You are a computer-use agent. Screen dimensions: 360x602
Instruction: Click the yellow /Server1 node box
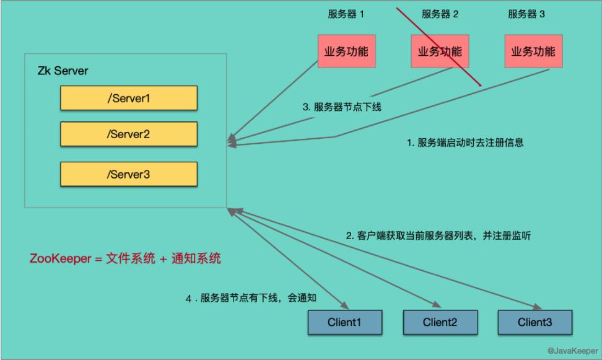click(128, 98)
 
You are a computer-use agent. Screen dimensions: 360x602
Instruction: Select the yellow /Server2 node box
click(128, 134)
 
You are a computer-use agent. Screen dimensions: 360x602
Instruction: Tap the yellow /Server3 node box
click(128, 174)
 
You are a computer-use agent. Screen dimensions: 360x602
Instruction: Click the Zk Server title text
click(63, 71)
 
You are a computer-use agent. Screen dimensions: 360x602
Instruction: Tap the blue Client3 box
click(534, 322)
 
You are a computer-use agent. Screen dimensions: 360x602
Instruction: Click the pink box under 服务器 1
click(343, 51)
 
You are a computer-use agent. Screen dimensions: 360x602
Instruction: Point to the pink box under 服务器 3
click(533, 51)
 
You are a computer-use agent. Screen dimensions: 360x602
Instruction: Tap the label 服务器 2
click(440, 14)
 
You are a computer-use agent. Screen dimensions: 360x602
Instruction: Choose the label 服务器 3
click(526, 14)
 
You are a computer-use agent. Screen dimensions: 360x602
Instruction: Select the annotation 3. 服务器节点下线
click(341, 107)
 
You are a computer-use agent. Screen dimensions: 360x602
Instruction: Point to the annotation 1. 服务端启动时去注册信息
click(465, 143)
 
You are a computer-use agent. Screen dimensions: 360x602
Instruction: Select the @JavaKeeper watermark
click(572, 351)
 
